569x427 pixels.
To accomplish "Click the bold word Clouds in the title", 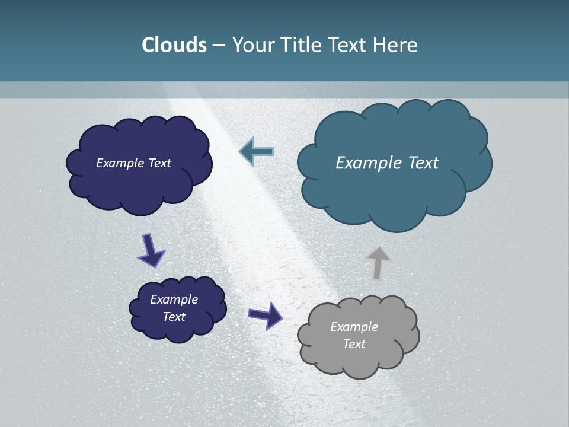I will tap(174, 45).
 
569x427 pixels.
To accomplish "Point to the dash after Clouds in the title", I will tap(219, 46).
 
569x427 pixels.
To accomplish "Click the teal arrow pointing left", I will tap(256, 152).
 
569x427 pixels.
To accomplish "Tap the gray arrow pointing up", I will tap(378, 262).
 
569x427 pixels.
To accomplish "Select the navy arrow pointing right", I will tap(266, 315).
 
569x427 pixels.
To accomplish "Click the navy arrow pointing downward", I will tap(151, 251).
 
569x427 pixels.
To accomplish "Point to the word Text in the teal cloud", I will tap(423, 163).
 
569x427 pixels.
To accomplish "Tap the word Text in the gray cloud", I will tap(354, 344).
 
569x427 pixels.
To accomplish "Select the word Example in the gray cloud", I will tap(354, 327).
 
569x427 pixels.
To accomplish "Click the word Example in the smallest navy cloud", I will tap(174, 299).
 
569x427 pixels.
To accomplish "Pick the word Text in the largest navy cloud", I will tap(159, 163).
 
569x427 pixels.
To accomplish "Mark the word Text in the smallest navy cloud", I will tap(174, 317).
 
